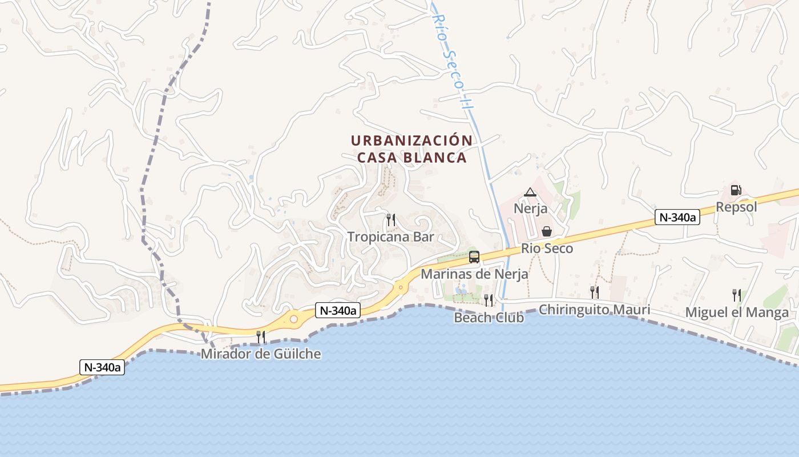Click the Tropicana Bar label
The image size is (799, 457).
pos(391,236)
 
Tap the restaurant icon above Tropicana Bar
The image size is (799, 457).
pos(391,219)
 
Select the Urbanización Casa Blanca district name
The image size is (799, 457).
pos(411,149)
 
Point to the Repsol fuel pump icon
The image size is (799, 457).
pos(736,190)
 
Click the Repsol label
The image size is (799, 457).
pos(736,207)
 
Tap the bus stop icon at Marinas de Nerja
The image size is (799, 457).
pos(474,257)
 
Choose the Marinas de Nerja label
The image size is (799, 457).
pos(474,274)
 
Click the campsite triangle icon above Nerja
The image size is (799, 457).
pos(530,193)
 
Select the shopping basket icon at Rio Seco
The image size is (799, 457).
pos(547,231)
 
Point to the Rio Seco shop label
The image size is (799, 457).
pos(547,248)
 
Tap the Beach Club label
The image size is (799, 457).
pos(489,318)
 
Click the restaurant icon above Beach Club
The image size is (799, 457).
pos(489,300)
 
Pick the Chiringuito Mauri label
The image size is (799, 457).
pos(594,310)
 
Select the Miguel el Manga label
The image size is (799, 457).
pos(737,312)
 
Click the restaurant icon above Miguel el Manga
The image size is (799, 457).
pos(737,295)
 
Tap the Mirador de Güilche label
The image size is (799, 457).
pos(260,354)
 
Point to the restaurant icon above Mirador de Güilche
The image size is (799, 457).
pos(261,336)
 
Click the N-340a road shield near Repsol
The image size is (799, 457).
pos(677,217)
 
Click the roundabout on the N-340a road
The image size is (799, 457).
pos(293,319)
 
